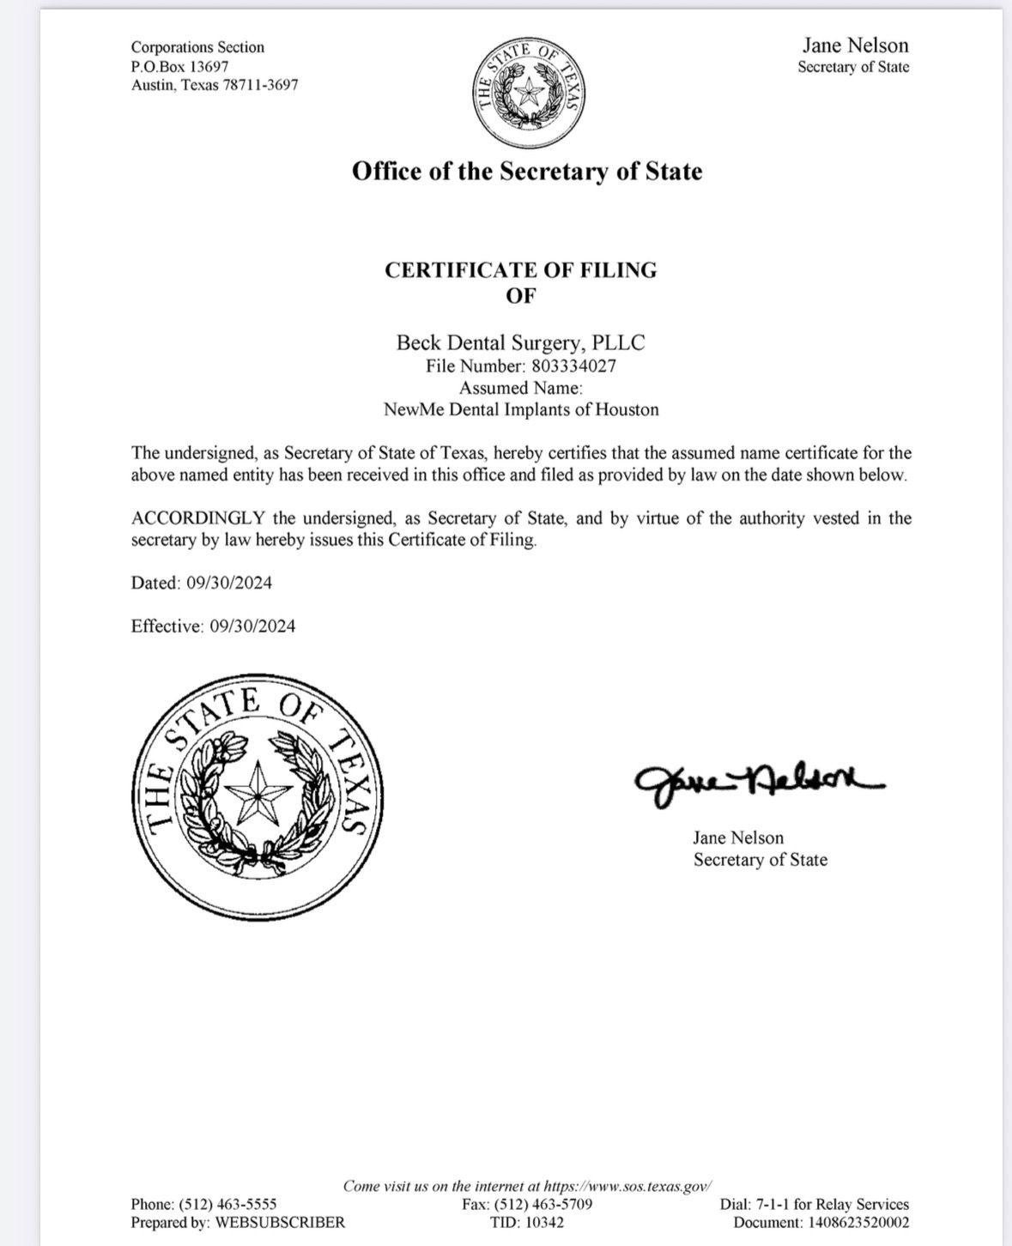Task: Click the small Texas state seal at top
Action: [530, 93]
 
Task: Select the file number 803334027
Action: [573, 366]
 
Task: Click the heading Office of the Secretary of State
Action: [526, 172]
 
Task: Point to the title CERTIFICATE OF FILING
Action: [520, 270]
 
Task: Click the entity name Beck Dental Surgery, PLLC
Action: [520, 343]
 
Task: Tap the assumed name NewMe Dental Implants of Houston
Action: [521, 409]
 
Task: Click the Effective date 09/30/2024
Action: [251, 626]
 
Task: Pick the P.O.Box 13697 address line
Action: [179, 66]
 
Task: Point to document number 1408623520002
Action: [857, 1223]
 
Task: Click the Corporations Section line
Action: [197, 47]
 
